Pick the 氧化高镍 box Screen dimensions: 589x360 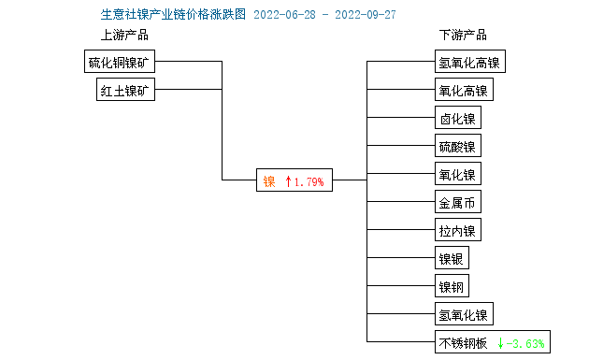(x=463, y=91)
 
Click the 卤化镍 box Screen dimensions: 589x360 (x=457, y=119)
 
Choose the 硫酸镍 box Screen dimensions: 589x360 (x=457, y=147)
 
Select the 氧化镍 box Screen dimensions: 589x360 (x=457, y=174)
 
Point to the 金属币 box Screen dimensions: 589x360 (x=457, y=202)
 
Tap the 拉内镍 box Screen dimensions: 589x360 (x=457, y=230)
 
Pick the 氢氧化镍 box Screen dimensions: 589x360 (x=463, y=313)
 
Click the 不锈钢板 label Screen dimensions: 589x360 (x=463, y=342)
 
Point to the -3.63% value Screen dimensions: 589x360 (x=526, y=342)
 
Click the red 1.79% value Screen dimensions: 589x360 (x=309, y=181)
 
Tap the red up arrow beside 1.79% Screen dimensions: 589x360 (x=288, y=181)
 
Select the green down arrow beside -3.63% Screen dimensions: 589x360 (x=500, y=342)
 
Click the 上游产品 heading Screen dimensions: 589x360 (x=124, y=36)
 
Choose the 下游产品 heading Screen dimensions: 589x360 (x=463, y=36)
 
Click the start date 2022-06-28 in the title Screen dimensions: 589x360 (x=284, y=15)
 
